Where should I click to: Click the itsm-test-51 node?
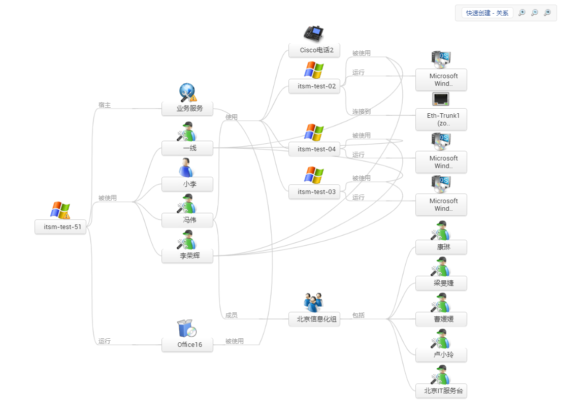[61, 227]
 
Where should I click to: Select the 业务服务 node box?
[187, 108]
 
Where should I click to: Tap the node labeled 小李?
[187, 184]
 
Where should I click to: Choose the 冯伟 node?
[187, 220]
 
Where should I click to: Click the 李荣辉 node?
[187, 256]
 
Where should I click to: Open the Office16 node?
[187, 345]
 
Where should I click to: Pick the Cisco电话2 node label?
[314, 50]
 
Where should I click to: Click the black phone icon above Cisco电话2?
[313, 34]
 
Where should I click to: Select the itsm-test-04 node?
[314, 149]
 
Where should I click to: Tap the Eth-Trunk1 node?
[441, 119]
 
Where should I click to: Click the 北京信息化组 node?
[314, 319]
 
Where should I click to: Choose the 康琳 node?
[441, 247]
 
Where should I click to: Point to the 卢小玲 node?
[441, 355]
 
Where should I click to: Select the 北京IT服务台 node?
[441, 391]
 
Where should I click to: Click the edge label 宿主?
[105, 105]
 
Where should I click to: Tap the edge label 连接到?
[361, 112]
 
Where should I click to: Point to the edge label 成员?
[232, 315]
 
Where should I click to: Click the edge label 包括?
[359, 315]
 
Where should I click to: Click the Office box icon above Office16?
[186, 329]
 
